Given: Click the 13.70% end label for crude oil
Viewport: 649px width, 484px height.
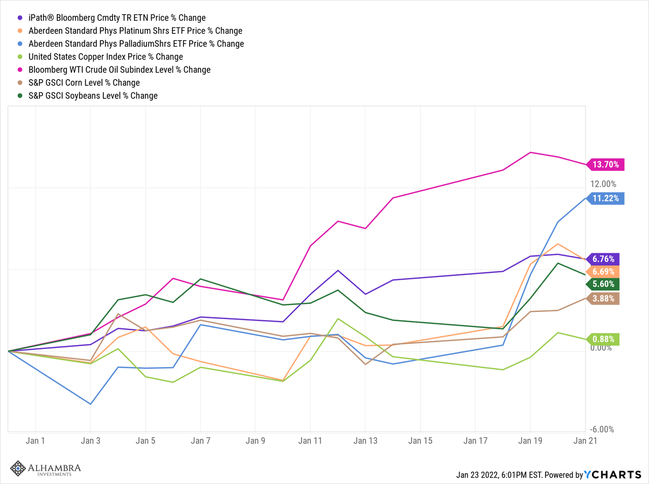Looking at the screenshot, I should pos(605,164).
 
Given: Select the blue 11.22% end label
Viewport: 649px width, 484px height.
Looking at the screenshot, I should pos(605,198).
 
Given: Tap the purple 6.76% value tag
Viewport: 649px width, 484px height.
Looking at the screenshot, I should pos(603,259).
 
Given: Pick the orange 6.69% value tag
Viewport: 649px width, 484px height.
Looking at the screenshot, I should pos(603,272).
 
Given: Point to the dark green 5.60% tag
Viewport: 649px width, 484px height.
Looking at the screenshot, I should pos(603,284).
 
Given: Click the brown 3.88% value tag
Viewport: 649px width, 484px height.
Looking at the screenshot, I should pos(603,298).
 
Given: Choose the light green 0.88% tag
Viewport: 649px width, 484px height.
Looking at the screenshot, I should pos(603,339).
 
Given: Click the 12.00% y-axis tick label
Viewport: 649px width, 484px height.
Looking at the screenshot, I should pos(603,184).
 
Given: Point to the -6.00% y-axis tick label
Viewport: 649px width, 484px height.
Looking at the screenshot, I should pos(602,429).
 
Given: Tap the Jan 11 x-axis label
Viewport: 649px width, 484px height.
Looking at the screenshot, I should pos(310,440).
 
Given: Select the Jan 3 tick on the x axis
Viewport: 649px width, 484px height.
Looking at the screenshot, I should pos(90,440).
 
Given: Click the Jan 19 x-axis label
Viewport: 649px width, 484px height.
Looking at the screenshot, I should pos(530,440).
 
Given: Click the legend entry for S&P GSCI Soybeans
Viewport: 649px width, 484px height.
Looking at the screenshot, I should pos(93,95).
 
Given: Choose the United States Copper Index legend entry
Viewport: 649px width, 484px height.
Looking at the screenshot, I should pos(105,57).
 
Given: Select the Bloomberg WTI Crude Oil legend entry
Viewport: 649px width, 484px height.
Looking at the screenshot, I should pos(119,70).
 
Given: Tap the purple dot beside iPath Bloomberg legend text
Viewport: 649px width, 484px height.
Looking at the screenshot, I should pos(20,18).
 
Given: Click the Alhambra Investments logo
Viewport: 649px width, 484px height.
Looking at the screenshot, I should pos(46,468).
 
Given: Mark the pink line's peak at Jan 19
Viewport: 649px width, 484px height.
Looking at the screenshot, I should pos(530,152).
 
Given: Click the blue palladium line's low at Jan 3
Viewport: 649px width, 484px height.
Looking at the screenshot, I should pos(90,404).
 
